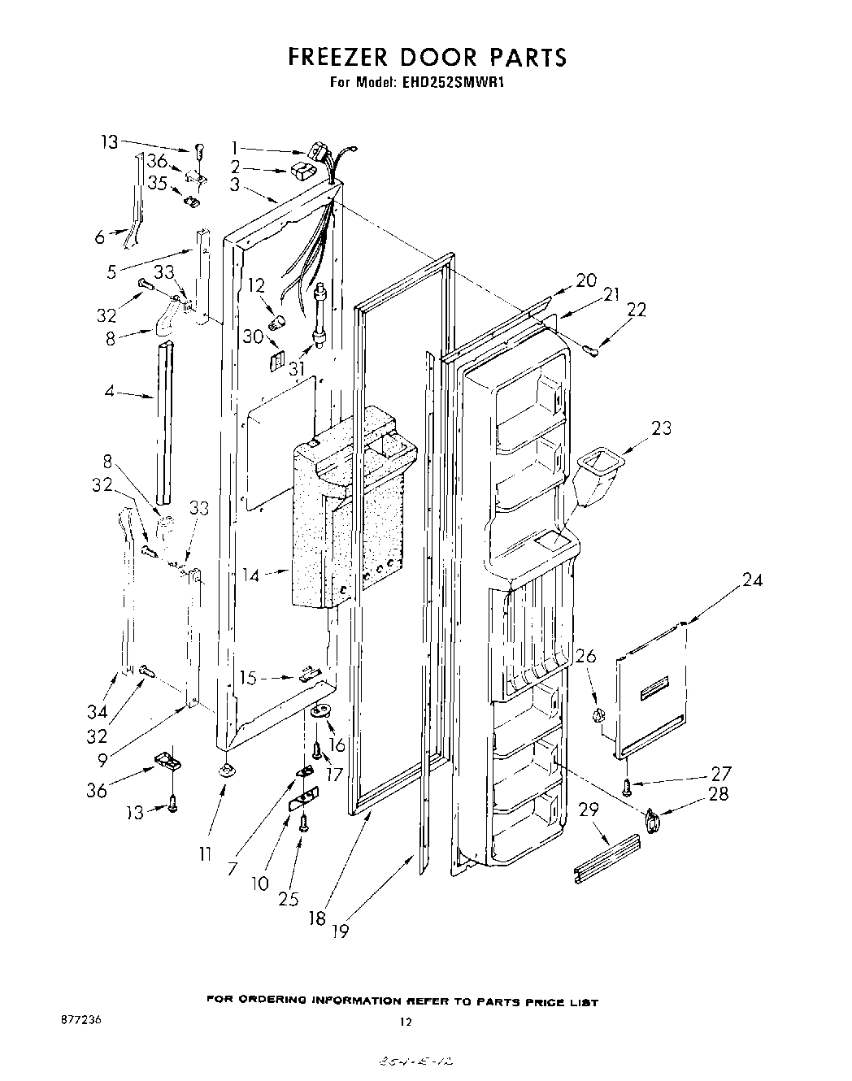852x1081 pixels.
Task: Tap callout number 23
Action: (661, 428)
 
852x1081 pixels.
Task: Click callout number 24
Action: (752, 580)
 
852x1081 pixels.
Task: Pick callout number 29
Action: (588, 810)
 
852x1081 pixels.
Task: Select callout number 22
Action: (636, 310)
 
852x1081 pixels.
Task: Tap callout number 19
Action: (340, 931)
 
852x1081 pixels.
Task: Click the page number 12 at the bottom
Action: (406, 1022)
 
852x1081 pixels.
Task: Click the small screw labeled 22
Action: (591, 349)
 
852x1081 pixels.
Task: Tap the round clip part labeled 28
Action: (652, 820)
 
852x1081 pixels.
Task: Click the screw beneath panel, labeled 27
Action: (627, 786)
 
